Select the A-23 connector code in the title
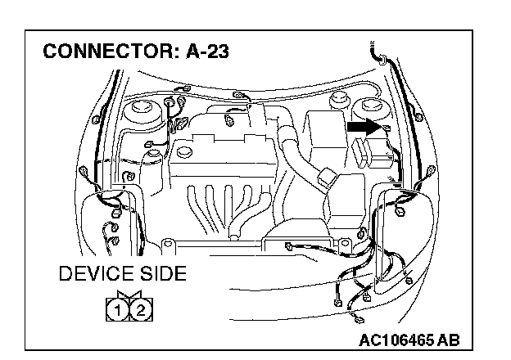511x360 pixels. click(202, 52)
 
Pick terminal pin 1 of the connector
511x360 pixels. click(119, 308)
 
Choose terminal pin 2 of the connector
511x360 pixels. click(140, 308)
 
